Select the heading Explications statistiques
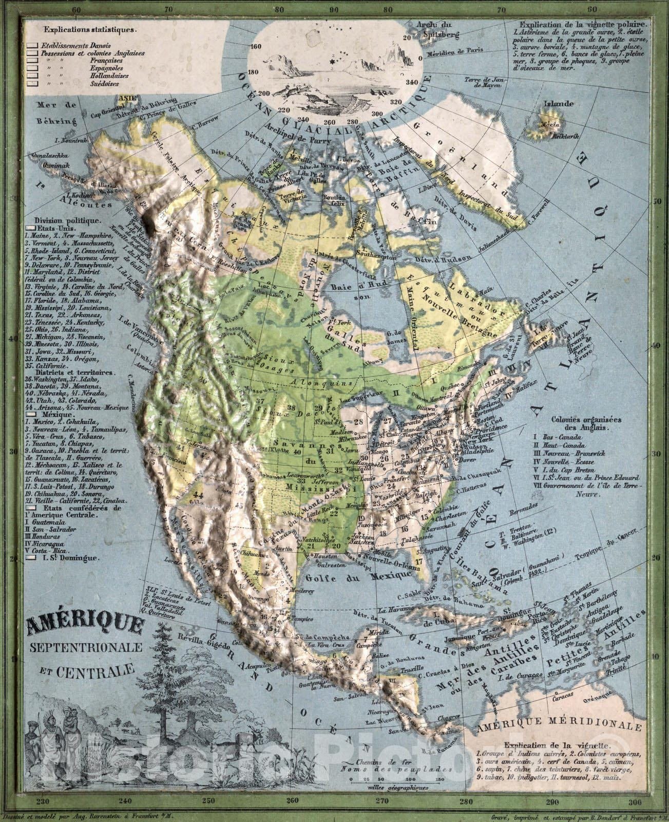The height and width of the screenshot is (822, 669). (90, 30)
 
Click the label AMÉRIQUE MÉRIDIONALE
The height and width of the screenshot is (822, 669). (560, 727)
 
